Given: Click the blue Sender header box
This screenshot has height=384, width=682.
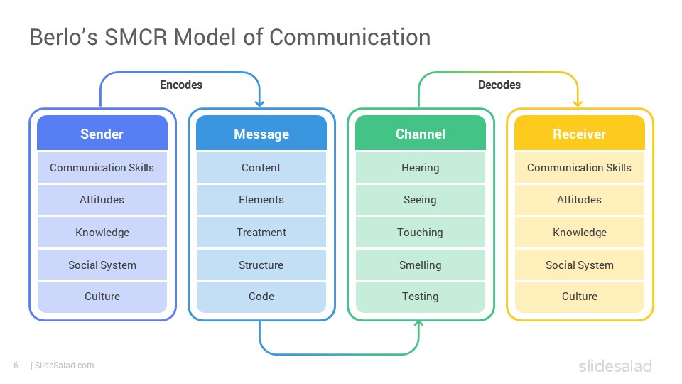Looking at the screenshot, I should coord(102,134).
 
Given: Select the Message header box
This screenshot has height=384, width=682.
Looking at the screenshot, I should coord(261,134).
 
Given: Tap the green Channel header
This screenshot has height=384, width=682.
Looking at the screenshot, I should coord(420,134).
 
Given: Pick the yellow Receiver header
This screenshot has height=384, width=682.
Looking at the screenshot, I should coord(579,134).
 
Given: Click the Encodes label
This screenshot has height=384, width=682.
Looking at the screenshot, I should coord(180,85).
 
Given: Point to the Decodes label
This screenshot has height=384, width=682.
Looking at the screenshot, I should coord(499,85).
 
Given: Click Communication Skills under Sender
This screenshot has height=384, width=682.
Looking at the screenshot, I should coord(102,168).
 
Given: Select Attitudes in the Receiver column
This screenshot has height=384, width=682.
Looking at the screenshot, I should coord(579,200).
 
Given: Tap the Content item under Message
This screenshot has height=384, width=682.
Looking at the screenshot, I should coord(261,168).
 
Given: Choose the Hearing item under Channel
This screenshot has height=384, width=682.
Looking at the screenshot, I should coord(420,168).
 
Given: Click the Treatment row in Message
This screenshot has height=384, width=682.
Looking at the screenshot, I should coord(261,233).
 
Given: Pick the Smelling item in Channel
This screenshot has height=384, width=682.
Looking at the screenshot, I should coord(420,265).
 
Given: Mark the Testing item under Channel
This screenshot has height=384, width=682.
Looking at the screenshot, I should coord(420,297).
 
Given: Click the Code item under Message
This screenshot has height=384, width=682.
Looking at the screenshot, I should coord(261,297).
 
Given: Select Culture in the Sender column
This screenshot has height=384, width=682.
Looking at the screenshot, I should coord(102,297).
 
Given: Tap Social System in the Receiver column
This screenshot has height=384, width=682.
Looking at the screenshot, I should coord(579,265).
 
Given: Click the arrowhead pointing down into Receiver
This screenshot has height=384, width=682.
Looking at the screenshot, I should coord(578,103).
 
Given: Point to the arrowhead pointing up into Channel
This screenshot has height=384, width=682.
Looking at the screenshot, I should coord(418,325).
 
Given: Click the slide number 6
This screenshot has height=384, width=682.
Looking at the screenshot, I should coord(16,366).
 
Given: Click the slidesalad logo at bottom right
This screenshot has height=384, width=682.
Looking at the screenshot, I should coord(615,366).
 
